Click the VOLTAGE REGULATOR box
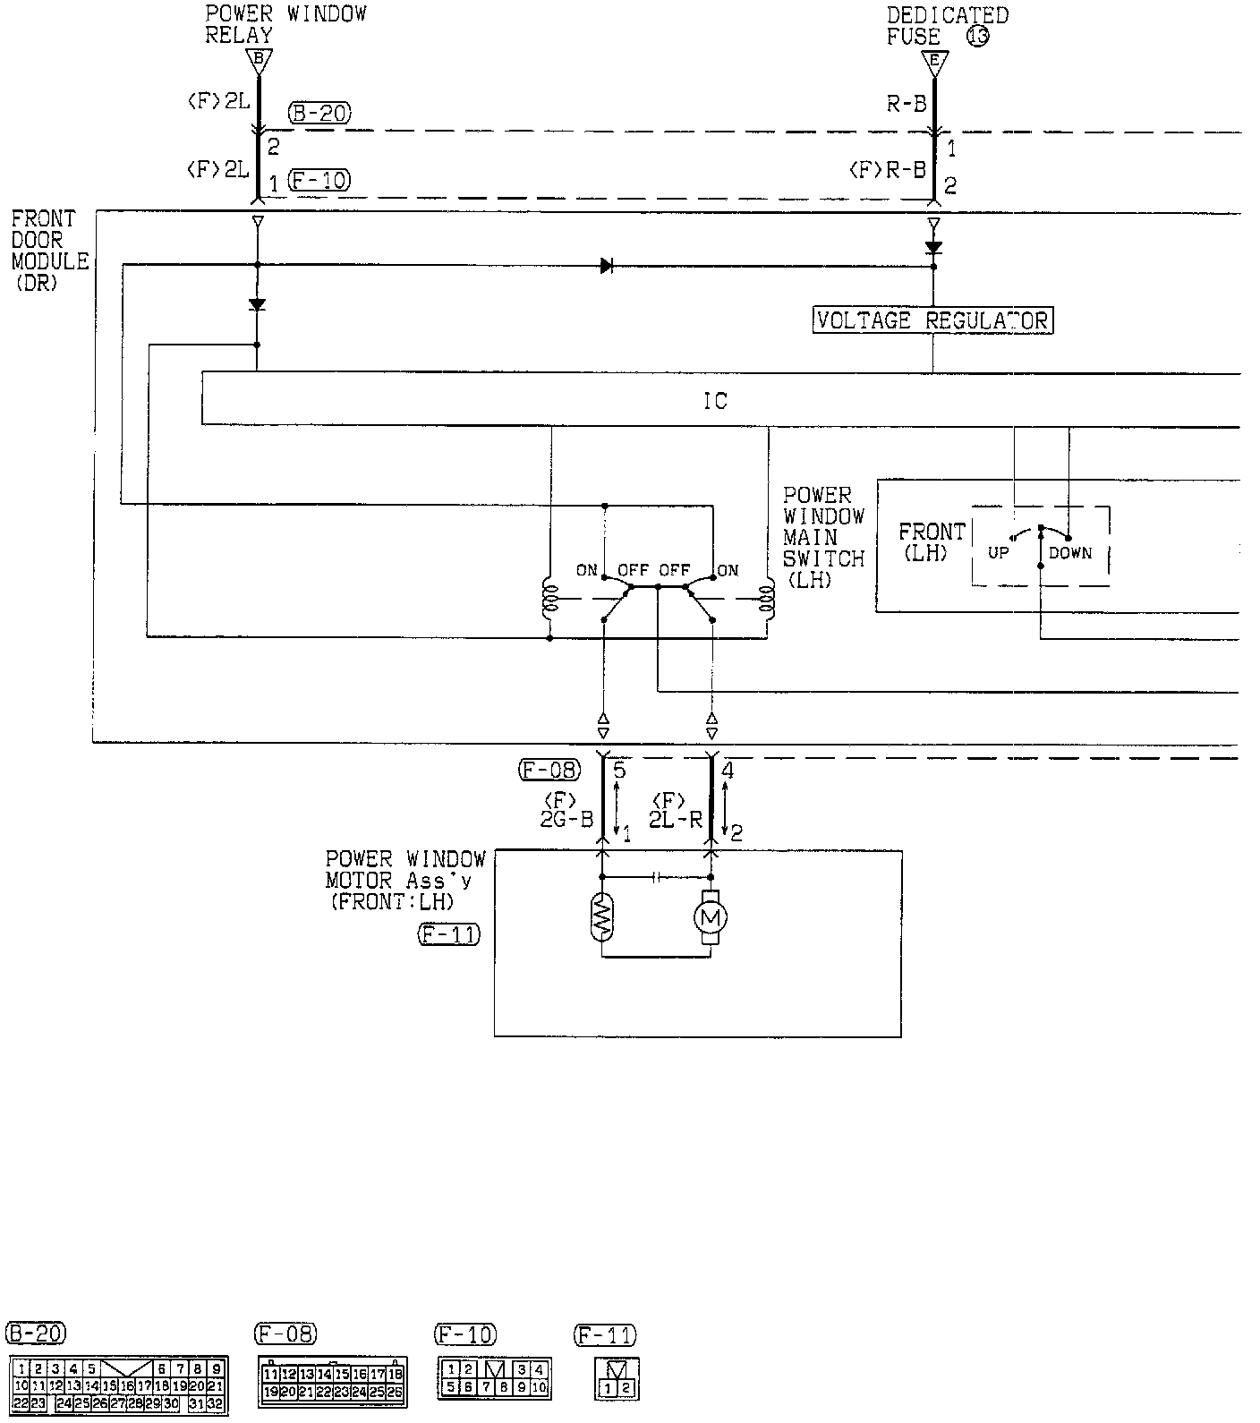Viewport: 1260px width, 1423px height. tap(932, 320)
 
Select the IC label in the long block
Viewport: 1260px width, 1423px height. tap(715, 401)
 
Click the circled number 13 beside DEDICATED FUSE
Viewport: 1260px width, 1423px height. tap(977, 37)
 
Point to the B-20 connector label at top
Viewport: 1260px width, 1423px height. tap(319, 114)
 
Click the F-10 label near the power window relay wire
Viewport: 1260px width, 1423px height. tap(319, 181)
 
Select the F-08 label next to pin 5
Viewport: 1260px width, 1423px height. tap(549, 769)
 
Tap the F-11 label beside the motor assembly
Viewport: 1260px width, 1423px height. tap(448, 936)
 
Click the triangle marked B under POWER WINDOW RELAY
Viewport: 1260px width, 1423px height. tap(259, 61)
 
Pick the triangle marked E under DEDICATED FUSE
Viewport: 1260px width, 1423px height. tap(934, 61)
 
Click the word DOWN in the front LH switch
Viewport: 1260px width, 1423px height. tap(1070, 553)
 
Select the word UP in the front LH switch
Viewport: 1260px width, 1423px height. tap(999, 553)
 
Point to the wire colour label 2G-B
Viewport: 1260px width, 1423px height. tap(566, 820)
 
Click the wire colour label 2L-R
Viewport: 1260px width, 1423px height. tap(675, 820)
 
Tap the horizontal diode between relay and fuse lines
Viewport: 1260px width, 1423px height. tap(607, 265)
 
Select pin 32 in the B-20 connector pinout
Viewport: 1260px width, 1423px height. tap(215, 1403)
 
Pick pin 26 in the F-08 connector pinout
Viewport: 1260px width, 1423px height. tap(395, 1393)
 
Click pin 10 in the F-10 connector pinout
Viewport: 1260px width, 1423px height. tap(539, 1388)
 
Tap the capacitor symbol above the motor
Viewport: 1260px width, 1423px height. tap(658, 877)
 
